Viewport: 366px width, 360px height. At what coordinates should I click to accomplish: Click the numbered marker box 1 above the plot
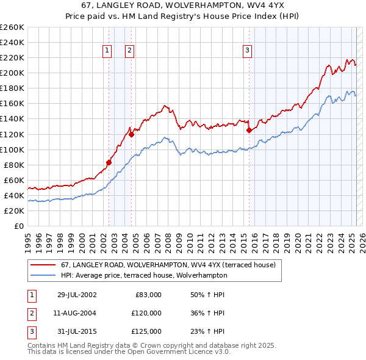pos(107,51)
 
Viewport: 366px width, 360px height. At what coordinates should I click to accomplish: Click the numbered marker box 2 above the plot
pos(130,51)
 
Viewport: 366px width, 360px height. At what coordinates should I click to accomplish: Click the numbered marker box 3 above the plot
pos(248,51)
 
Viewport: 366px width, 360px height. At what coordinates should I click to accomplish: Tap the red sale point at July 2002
pos(109,162)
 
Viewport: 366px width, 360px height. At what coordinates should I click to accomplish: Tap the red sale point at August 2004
pos(132,134)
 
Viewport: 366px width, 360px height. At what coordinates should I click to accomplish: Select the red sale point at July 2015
pos(249,130)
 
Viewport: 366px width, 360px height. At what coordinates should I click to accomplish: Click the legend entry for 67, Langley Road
pos(168,265)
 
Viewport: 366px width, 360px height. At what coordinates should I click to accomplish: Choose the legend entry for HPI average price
pos(143,275)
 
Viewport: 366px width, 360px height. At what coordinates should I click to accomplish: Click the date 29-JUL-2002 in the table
pos(77,295)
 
